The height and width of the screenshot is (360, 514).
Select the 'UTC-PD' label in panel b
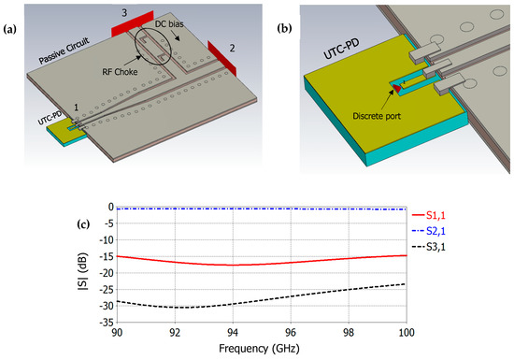coord(309,71)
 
